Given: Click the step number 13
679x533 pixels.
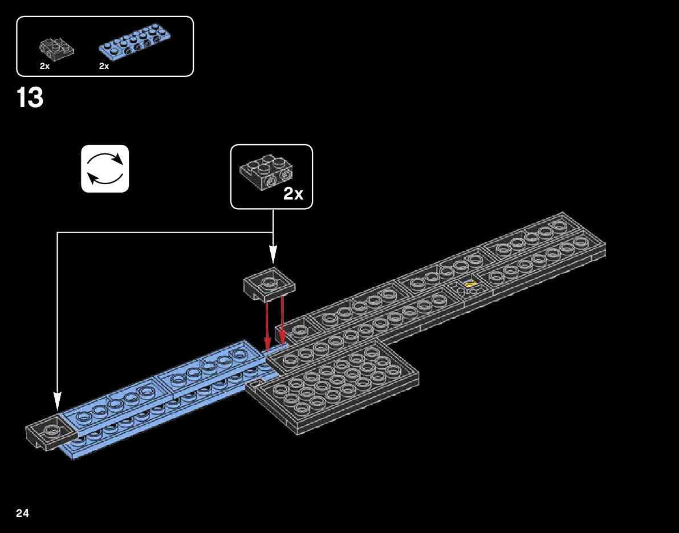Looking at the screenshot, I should click(30, 98).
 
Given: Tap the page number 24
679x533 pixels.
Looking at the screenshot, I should click(22, 514).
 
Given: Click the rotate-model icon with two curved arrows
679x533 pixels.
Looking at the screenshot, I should click(105, 168).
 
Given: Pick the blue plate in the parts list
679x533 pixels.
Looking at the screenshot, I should click(135, 43).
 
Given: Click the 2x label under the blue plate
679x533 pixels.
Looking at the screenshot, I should click(104, 66).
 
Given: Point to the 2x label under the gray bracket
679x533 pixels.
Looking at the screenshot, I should click(44, 66).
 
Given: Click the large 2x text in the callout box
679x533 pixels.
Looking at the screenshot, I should click(293, 194).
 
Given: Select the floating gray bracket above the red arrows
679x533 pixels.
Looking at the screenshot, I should click(269, 283).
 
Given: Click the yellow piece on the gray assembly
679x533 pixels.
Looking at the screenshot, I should click(470, 283).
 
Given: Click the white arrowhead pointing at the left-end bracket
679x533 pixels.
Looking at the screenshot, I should click(57, 400).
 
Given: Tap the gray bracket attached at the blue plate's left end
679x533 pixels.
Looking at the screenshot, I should click(50, 434).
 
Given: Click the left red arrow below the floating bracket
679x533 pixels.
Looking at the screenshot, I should click(267, 325).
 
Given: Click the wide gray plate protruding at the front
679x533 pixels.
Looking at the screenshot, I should click(336, 388).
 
